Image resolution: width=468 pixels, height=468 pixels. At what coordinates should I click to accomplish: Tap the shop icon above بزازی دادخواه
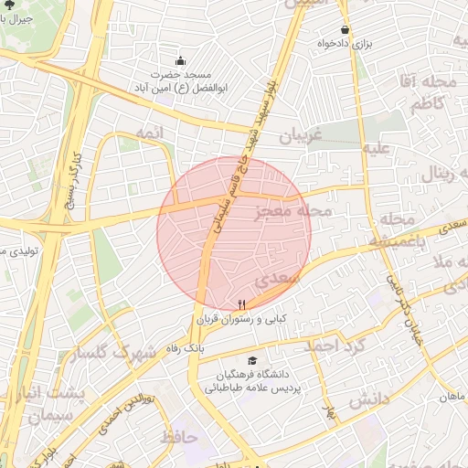pyautogui.click(x=345, y=29)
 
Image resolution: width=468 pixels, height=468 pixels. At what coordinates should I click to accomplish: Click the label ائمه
pyautogui.click(x=149, y=133)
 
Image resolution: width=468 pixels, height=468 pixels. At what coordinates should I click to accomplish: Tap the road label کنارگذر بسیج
pyautogui.click(x=69, y=183)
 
